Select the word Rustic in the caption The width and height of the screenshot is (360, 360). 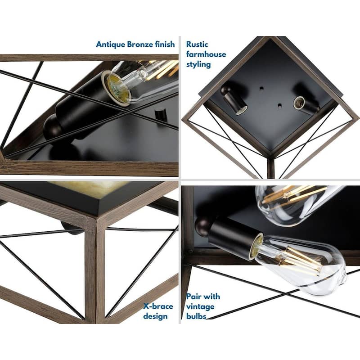197,44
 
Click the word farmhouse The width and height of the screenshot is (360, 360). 206,54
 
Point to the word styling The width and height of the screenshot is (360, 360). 198,64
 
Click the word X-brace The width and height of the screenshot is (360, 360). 158,306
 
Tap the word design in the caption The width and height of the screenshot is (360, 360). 155,316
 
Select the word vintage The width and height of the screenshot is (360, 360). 200,306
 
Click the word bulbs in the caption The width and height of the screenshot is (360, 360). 196,316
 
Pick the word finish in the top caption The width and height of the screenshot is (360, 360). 165,44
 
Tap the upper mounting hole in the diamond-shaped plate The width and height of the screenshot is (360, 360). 261,88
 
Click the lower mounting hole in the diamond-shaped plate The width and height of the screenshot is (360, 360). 279,106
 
